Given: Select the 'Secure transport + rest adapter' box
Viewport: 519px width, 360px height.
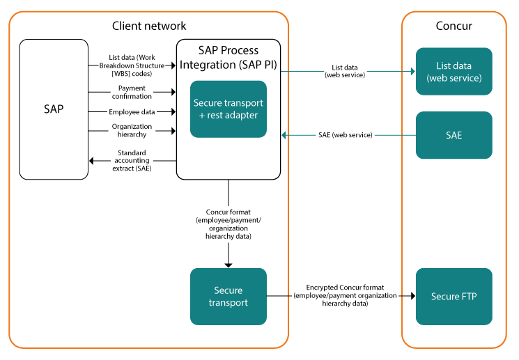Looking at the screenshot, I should (x=228, y=109).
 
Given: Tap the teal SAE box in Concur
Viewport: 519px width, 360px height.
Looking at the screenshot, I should (x=454, y=135).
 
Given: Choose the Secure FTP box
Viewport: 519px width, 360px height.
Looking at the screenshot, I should (x=454, y=296).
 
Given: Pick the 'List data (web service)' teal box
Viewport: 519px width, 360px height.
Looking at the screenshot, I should (x=454, y=72).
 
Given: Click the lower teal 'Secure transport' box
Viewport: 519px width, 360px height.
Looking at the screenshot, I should (x=228, y=296).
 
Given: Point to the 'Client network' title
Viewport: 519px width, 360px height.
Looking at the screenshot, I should (x=149, y=26).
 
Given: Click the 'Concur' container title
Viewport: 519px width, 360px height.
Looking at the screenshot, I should (x=454, y=26).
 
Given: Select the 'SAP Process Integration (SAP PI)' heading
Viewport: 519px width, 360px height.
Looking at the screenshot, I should (x=228, y=57).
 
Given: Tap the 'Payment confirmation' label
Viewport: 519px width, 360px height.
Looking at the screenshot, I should (x=131, y=93).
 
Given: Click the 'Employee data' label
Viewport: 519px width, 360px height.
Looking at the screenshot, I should (x=131, y=111).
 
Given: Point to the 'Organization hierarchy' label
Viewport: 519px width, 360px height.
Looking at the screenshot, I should (x=131, y=130).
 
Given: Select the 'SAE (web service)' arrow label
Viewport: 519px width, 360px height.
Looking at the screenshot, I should (x=341, y=134).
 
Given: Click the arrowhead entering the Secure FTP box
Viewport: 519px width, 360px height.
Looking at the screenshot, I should (x=412, y=296).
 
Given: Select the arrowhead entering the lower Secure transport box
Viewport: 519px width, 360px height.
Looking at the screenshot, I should (x=228, y=265).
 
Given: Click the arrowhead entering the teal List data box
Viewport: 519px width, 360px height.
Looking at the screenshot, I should (x=412, y=71).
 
